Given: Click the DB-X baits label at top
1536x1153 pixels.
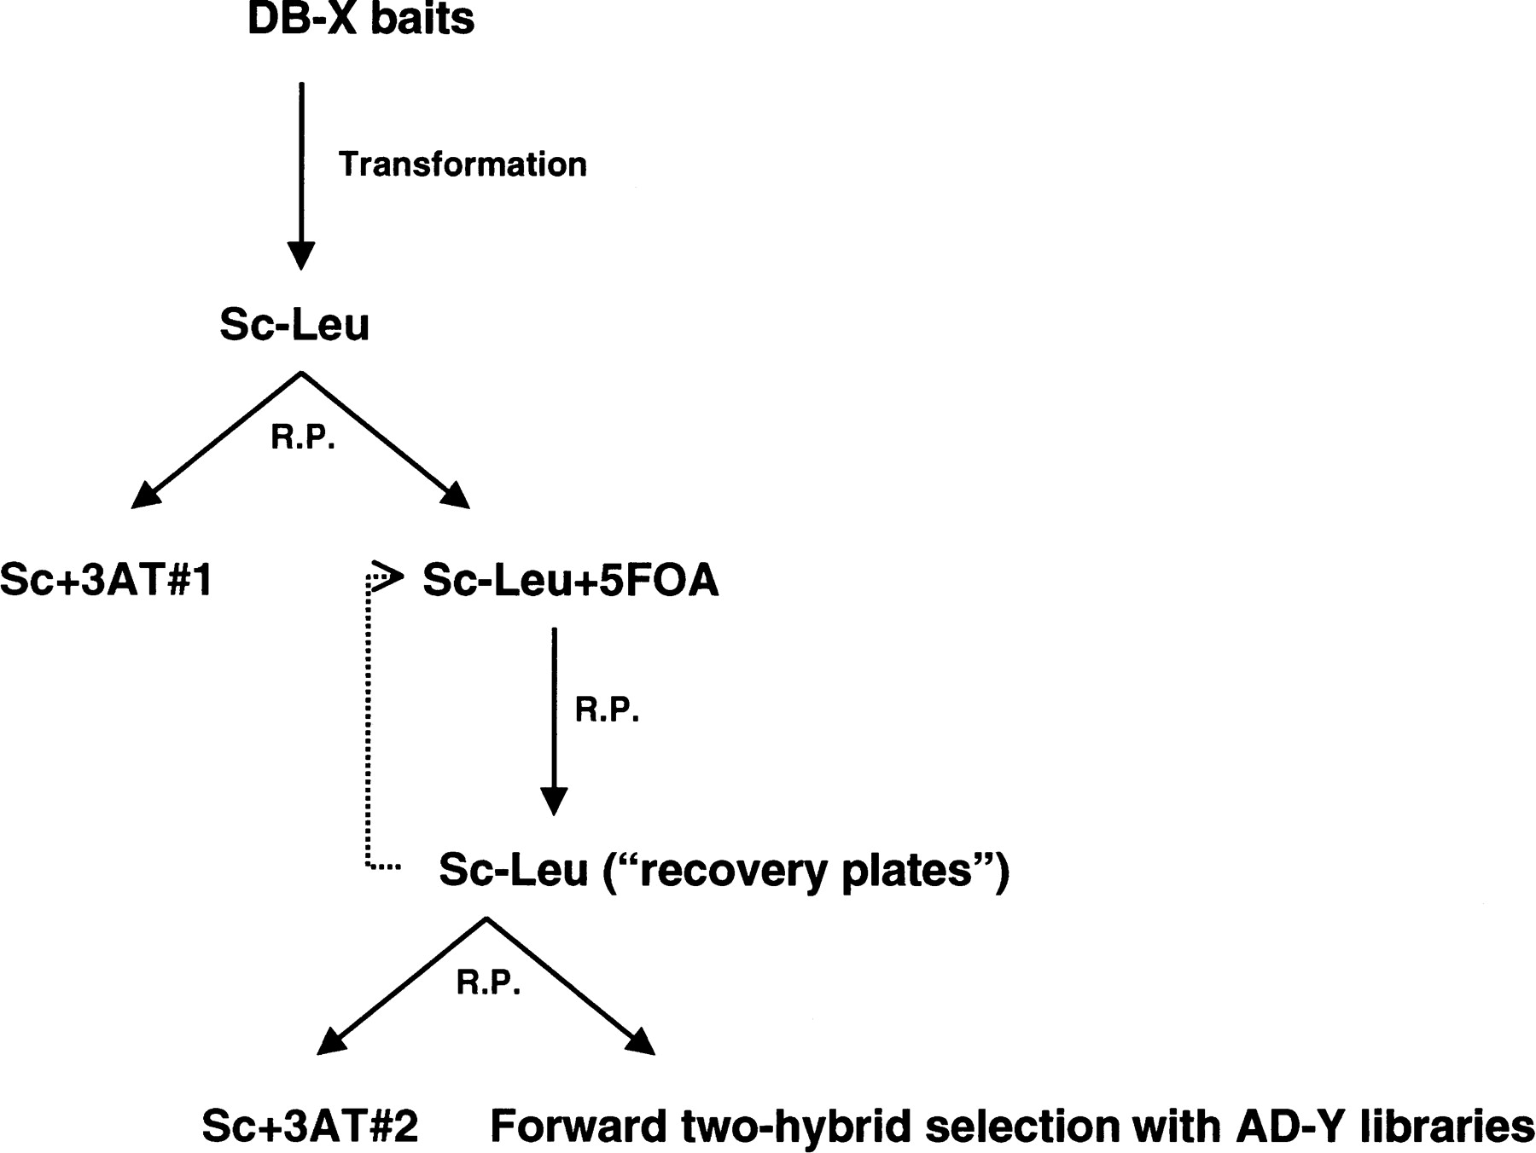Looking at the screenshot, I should coord(360,19).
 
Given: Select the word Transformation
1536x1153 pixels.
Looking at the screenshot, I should coord(463,164).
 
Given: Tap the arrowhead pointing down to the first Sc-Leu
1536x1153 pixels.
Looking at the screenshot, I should coord(301,255).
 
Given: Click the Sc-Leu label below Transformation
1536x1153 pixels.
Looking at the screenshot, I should coord(294,324).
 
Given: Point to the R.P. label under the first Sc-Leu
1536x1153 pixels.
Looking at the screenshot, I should coord(303,437).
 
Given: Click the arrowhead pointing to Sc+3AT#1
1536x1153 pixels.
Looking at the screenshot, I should coord(146,496).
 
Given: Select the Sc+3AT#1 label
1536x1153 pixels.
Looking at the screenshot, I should coord(106,581).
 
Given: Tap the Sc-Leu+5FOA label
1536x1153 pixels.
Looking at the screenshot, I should coord(570,581).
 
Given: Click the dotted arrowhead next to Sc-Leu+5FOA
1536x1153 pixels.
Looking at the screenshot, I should coord(388,576).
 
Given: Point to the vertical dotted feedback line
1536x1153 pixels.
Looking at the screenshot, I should coord(369,725).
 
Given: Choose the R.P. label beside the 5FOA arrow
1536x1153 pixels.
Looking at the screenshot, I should coord(607,710).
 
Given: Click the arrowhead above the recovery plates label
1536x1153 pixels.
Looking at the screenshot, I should coord(554,801).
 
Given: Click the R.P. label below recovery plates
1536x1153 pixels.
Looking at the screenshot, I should coord(488,982).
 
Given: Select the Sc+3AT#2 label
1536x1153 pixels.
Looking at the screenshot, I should coord(310,1127).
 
